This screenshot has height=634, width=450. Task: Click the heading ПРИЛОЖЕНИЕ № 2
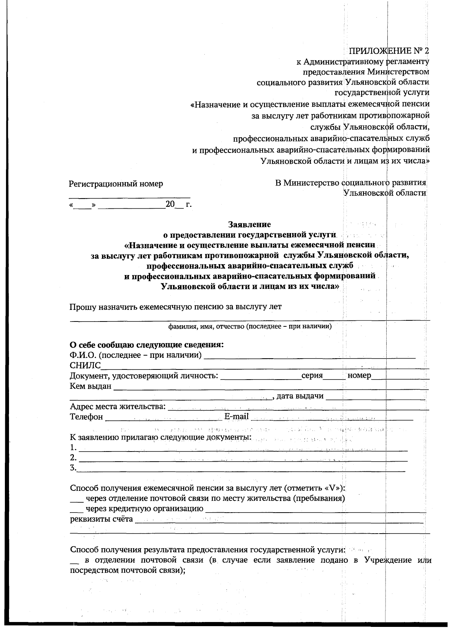(388, 51)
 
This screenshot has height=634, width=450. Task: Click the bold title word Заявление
(249, 224)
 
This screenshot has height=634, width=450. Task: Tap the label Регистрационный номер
(116, 184)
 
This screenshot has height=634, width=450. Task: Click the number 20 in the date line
(170, 204)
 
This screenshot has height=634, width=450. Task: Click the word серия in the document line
(312, 375)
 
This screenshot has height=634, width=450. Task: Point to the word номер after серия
(359, 375)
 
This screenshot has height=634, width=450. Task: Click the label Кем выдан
(90, 386)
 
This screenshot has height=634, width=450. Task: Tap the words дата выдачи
(300, 396)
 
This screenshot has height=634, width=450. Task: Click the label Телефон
(86, 417)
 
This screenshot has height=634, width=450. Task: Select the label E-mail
(236, 417)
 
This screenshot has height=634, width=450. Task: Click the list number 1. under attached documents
(73, 447)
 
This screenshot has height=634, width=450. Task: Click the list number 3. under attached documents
(73, 468)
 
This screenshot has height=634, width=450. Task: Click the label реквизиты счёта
(101, 519)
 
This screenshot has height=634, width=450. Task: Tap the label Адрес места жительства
(117, 407)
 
